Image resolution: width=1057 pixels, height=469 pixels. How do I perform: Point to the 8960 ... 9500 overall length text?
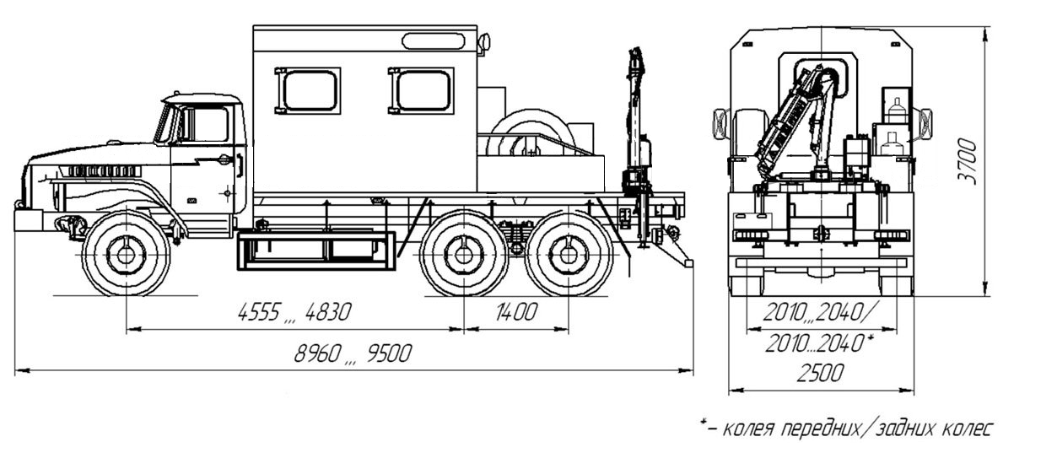click(353, 353)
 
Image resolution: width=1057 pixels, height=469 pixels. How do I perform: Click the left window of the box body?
click(311, 89)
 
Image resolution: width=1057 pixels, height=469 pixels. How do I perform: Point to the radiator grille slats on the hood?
click(101, 170)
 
